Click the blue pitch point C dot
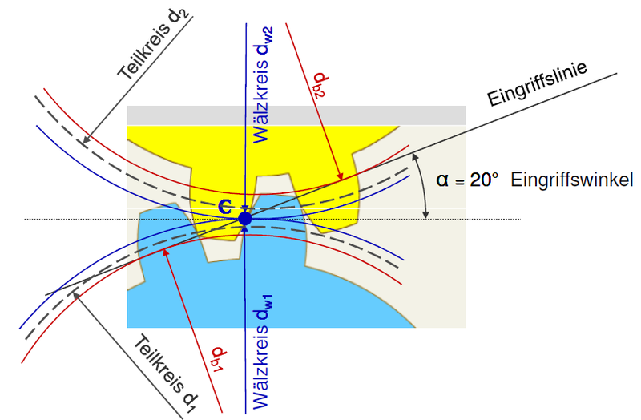tap(245, 217)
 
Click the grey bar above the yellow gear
tap(296, 115)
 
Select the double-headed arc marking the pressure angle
tap(422, 184)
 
